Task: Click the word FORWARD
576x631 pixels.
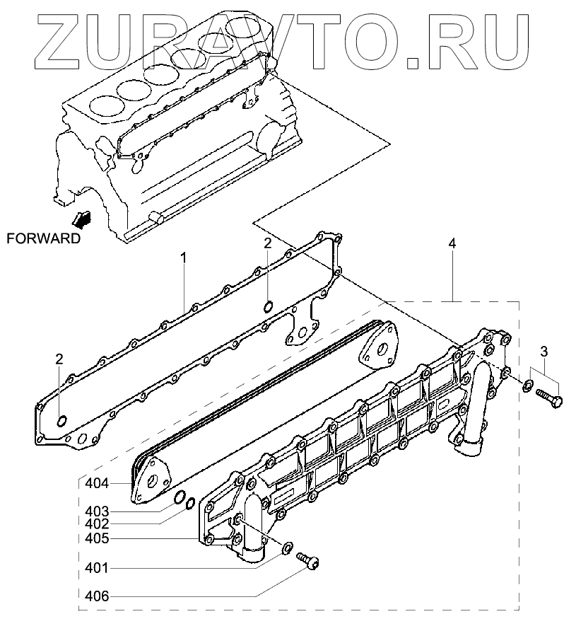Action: point(43,238)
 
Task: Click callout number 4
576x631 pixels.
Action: point(452,244)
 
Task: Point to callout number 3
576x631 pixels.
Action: point(543,351)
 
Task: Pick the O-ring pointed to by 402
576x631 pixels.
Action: point(189,503)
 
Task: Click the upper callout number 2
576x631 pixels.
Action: point(268,244)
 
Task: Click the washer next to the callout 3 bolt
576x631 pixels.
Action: point(528,386)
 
